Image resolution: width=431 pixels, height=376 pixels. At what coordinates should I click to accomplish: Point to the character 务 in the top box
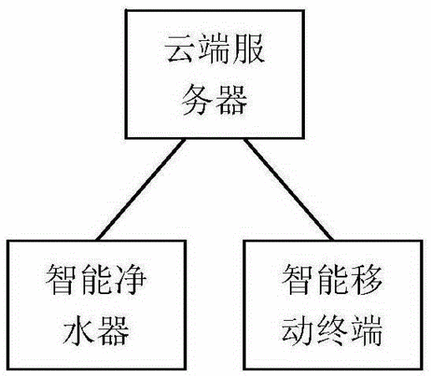tap(197, 99)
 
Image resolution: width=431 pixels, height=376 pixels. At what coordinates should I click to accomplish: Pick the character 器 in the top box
tap(231, 99)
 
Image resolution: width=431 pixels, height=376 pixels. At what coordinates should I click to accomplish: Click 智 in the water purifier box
tap(61, 279)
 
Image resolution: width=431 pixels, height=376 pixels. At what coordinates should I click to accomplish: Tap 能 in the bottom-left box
tap(96, 279)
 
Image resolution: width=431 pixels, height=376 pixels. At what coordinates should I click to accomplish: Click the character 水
tap(79, 330)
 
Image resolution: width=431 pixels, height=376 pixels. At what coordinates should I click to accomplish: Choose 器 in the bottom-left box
tap(114, 330)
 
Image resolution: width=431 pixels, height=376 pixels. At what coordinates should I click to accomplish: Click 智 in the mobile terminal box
tap(297, 279)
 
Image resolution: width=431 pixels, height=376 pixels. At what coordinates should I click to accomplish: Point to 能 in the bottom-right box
tap(332, 279)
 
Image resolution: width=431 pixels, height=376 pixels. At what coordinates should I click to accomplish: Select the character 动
tap(297, 330)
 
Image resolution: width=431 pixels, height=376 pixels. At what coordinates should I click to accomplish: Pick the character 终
tap(332, 330)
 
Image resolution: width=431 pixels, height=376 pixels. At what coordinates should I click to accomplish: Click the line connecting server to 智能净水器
tap(140, 189)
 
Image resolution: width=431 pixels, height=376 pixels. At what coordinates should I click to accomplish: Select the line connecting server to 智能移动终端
tap(288, 189)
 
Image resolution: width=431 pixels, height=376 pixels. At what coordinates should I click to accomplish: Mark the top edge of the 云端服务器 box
tap(215, 11)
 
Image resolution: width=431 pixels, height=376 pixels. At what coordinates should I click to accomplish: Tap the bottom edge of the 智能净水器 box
tap(97, 368)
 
